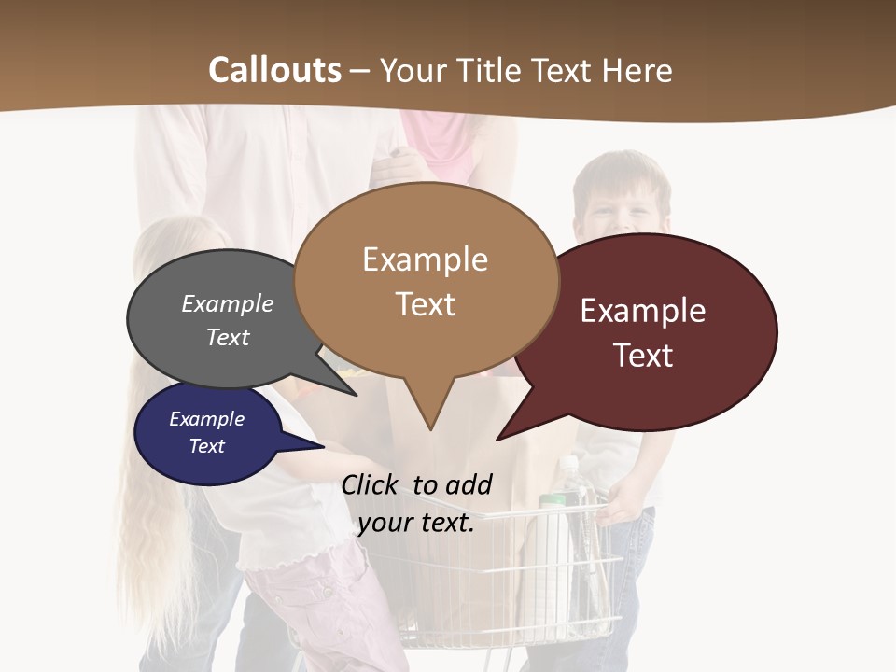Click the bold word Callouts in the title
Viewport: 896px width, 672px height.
click(x=274, y=70)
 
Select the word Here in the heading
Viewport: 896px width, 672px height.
click(x=637, y=70)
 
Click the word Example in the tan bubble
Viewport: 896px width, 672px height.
click(x=425, y=259)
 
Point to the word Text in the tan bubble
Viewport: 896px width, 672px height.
click(x=425, y=304)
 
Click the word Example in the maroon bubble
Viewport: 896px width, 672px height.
click(x=643, y=311)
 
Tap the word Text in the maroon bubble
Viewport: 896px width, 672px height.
click(x=643, y=356)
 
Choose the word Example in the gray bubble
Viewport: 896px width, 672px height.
click(x=228, y=304)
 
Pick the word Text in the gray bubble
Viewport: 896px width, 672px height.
click(x=228, y=337)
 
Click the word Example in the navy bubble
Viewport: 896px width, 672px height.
click(x=206, y=419)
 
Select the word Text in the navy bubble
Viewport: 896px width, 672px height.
click(x=206, y=446)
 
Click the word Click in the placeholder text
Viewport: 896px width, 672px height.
click(x=371, y=484)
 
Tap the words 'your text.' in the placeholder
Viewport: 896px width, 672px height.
click(x=416, y=524)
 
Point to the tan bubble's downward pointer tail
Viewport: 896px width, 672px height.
click(x=429, y=411)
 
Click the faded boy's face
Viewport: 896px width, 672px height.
click(x=620, y=206)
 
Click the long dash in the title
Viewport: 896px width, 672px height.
click(x=360, y=70)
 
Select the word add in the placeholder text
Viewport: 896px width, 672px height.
click(x=469, y=484)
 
